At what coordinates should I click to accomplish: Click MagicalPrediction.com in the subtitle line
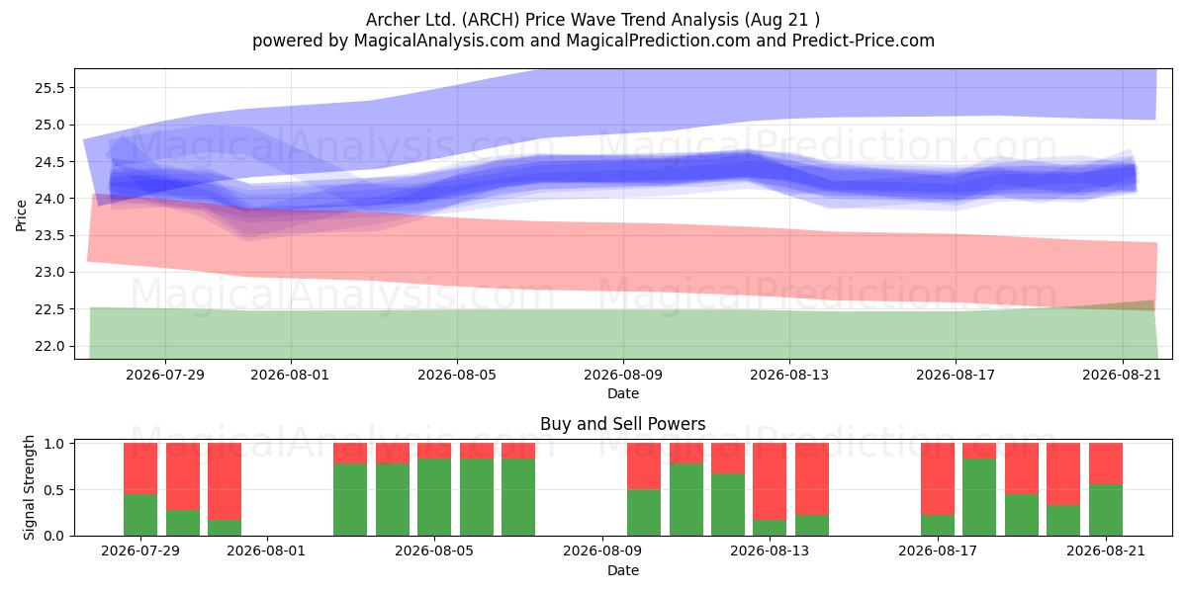pyautogui.click(x=658, y=41)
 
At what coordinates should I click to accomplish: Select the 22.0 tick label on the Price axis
pyautogui.click(x=49, y=346)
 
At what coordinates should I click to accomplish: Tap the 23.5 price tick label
pyautogui.click(x=49, y=235)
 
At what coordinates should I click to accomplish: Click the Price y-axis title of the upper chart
pyautogui.click(x=21, y=215)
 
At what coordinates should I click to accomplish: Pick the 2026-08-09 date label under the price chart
pyautogui.click(x=623, y=375)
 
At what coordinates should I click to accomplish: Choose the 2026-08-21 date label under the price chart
pyautogui.click(x=1122, y=375)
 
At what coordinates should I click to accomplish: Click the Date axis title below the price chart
pyautogui.click(x=623, y=393)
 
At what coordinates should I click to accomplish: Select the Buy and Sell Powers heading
pyautogui.click(x=623, y=424)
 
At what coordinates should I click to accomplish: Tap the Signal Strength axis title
pyautogui.click(x=29, y=487)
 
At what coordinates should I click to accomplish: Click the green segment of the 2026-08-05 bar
pyautogui.click(x=434, y=497)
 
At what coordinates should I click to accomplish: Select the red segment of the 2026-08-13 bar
pyautogui.click(x=770, y=481)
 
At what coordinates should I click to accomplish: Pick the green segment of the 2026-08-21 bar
pyautogui.click(x=1106, y=510)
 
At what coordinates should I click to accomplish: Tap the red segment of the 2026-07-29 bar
pyautogui.click(x=140, y=468)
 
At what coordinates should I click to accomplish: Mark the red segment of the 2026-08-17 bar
pyautogui.click(x=938, y=478)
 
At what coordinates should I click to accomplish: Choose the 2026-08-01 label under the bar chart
pyautogui.click(x=266, y=551)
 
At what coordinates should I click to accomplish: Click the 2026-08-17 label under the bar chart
pyautogui.click(x=938, y=551)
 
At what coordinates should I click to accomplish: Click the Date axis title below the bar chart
pyautogui.click(x=623, y=570)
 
